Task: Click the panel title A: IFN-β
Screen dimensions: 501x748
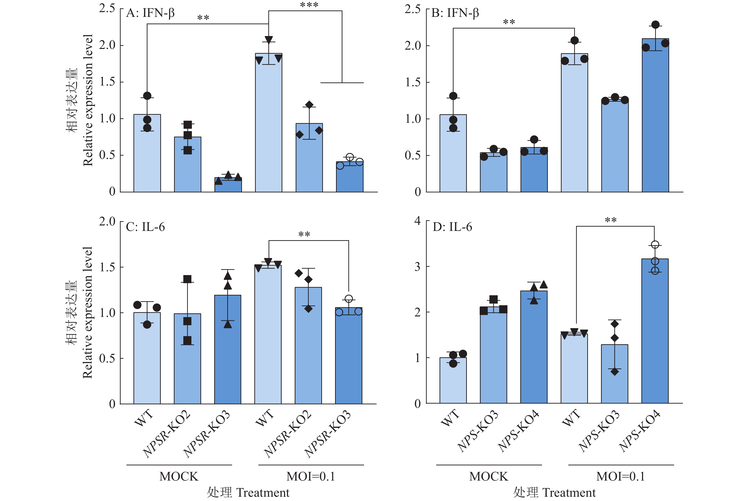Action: tap(150, 13)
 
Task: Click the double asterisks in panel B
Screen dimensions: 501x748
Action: tap(509, 22)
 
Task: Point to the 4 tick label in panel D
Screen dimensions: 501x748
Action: tap(417, 221)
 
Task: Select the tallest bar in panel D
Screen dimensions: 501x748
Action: tap(655, 331)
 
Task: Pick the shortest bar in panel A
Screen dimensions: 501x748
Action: tap(228, 185)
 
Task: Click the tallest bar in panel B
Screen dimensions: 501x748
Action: tap(655, 115)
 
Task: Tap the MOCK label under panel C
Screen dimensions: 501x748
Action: tap(179, 476)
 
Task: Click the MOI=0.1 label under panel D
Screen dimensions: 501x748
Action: tap(620, 476)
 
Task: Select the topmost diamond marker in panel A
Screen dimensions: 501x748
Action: tap(309, 105)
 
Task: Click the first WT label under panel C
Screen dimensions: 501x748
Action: tap(143, 418)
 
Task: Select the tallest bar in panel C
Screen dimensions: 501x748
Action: tap(268, 334)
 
